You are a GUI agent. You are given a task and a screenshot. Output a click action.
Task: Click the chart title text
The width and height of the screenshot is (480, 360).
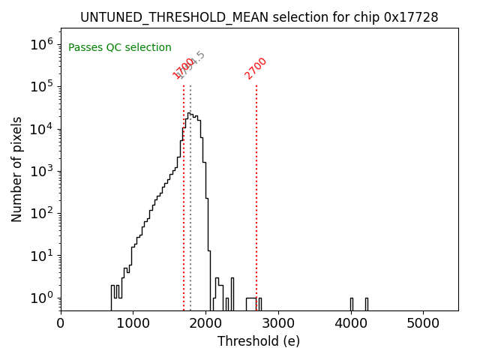pos(259,16)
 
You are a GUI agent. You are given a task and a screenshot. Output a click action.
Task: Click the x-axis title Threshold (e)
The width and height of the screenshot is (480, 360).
pos(259,341)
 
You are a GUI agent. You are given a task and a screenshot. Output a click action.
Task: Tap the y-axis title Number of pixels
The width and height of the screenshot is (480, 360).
pos(16,169)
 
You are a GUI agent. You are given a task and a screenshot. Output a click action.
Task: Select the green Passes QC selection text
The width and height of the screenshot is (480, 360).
pos(120,47)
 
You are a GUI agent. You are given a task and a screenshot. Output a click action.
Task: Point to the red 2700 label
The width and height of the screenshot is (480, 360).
pos(256,68)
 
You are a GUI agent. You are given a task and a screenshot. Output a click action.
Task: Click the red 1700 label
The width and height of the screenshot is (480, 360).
pos(183,69)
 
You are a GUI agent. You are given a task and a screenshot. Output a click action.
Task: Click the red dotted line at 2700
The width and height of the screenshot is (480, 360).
pos(256,187)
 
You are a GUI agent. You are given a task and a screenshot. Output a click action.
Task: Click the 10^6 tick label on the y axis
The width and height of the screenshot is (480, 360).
pos(41,44)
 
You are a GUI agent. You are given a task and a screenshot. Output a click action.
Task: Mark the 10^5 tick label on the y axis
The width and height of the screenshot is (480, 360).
pos(41,86)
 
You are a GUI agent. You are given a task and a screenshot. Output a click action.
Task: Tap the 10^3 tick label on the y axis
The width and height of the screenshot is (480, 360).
pos(41,171)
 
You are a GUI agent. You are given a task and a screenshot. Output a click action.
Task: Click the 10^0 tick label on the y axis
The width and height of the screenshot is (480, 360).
pos(41,298)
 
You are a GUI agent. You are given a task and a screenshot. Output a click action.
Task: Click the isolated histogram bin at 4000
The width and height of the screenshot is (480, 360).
pos(351,304)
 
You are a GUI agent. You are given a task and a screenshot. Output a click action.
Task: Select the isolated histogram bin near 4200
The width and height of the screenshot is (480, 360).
pos(366,304)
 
